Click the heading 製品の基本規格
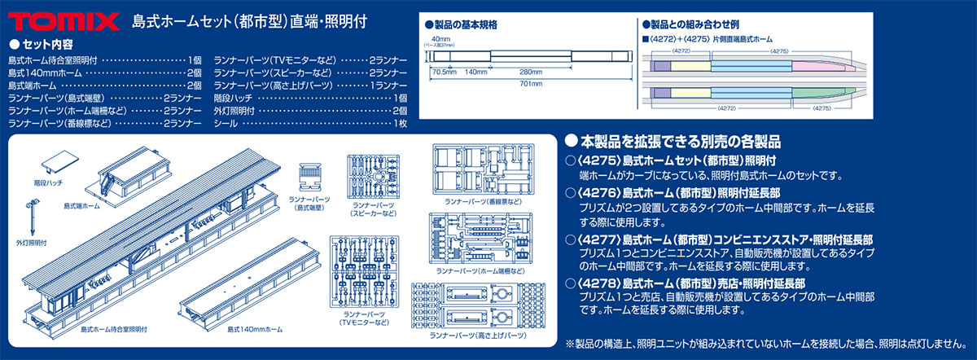click(462, 24)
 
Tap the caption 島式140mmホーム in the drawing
click(255, 328)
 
